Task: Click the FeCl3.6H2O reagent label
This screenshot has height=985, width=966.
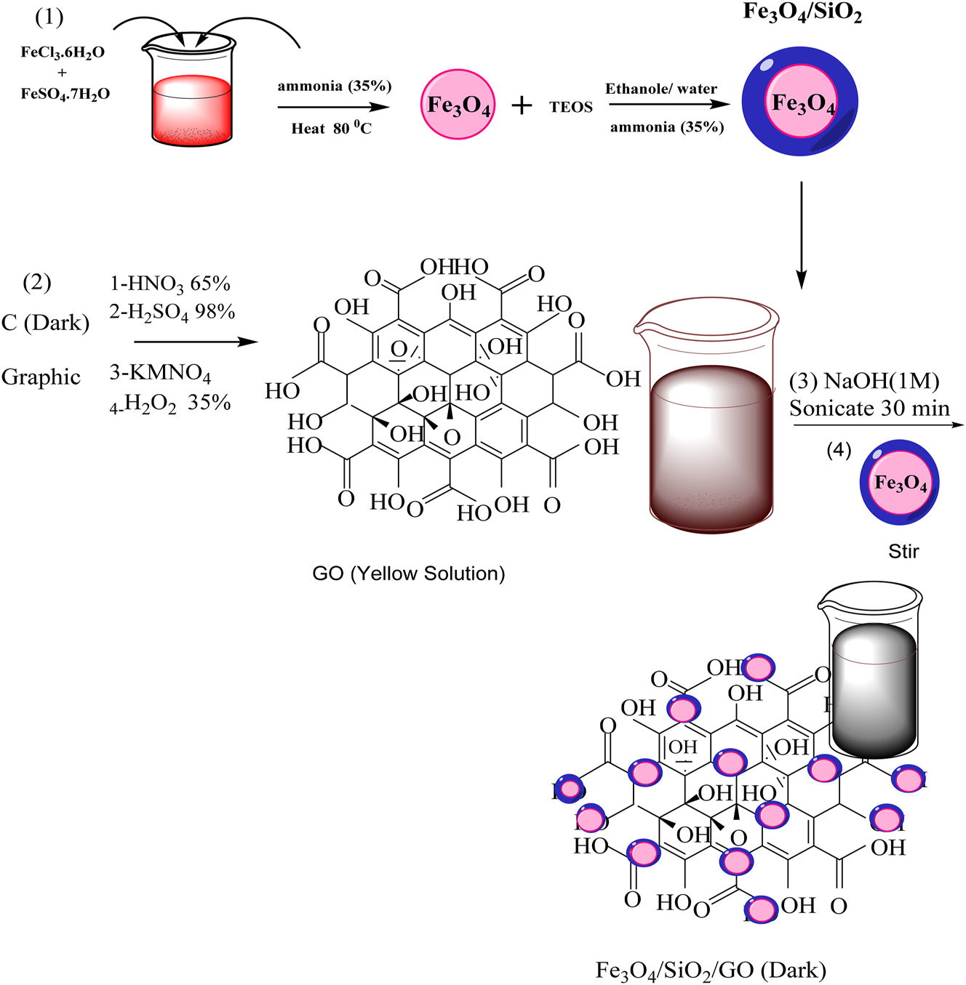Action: pyautogui.click(x=63, y=52)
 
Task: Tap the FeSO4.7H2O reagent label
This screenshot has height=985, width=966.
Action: pyautogui.click(x=65, y=94)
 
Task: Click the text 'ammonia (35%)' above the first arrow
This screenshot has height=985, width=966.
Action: pyautogui.click(x=335, y=86)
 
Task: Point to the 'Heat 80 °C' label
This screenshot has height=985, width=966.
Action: pyautogui.click(x=332, y=129)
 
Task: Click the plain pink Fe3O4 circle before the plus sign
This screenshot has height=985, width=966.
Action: pyautogui.click(x=458, y=105)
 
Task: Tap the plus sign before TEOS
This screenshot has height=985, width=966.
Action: pyautogui.click(x=522, y=106)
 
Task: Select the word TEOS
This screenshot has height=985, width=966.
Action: pyautogui.click(x=571, y=107)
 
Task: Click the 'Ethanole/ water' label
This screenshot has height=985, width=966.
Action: pyautogui.click(x=661, y=89)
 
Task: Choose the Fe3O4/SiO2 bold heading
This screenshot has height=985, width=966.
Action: pyautogui.click(x=802, y=12)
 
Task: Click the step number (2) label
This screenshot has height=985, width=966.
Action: pyautogui.click(x=37, y=282)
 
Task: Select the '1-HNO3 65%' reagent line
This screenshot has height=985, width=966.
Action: pyautogui.click(x=170, y=284)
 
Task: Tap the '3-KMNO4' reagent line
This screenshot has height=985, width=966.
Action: pyautogui.click(x=160, y=373)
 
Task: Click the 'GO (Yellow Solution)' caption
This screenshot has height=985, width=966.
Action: pyautogui.click(x=408, y=574)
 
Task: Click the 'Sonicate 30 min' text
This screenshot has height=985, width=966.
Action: pyautogui.click(x=869, y=409)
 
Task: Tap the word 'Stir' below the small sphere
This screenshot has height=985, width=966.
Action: pyautogui.click(x=903, y=551)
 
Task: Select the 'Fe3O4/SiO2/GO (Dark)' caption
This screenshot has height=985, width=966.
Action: pyautogui.click(x=711, y=970)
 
